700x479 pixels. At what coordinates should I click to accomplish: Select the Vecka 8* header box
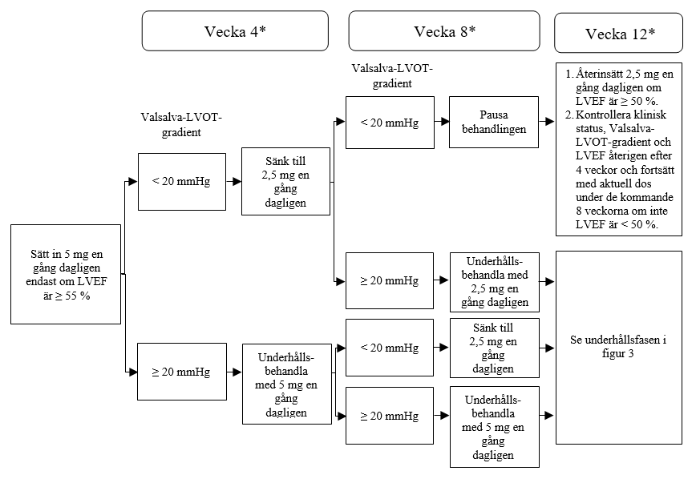pos(444,31)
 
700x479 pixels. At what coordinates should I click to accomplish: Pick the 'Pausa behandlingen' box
pos(493,123)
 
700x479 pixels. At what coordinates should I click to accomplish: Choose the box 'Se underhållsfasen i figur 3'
pos(618,347)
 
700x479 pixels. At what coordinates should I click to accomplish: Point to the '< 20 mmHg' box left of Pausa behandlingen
pos(389,123)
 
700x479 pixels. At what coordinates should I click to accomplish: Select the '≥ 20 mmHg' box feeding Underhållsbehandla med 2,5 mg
pos(389,281)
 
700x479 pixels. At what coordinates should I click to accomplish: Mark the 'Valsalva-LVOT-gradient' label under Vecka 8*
pos(392,75)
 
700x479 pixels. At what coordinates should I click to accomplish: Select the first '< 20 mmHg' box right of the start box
pos(181,182)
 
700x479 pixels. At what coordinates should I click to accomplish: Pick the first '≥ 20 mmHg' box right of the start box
pos(181,372)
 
